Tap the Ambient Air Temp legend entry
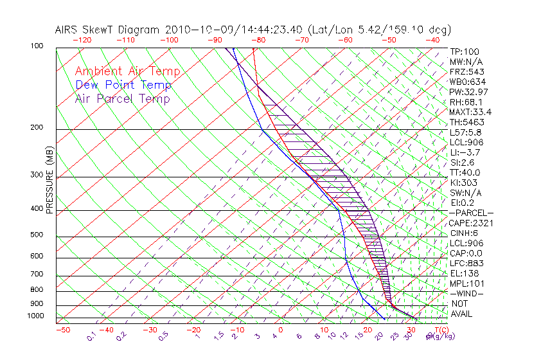127,71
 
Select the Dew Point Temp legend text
123,85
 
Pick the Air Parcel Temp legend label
122,98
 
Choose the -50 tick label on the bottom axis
62,330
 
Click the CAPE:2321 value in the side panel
470,223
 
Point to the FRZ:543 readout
465,72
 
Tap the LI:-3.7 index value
463,152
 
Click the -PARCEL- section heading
471,213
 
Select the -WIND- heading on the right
467,293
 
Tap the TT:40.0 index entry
465,172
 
